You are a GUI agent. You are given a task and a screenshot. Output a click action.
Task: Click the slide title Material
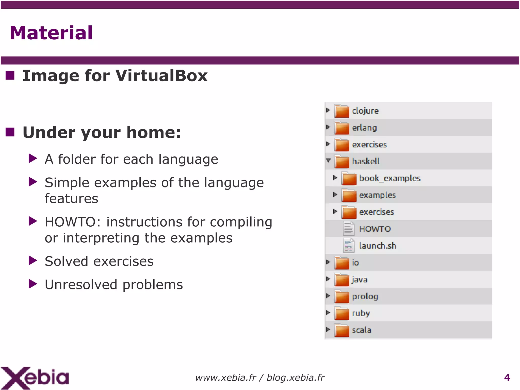[51, 33]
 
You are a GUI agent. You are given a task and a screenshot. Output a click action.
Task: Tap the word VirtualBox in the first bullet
[161, 76]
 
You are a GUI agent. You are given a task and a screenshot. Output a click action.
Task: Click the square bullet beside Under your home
[10, 132]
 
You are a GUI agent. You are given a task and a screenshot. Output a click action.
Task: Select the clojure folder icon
[342, 111]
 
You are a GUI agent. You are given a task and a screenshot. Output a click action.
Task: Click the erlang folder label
[364, 128]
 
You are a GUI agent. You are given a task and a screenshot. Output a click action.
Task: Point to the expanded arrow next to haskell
[328, 160]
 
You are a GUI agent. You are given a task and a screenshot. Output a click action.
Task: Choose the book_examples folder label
[390, 178]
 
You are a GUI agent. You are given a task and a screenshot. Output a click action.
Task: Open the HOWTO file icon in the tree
[348, 228]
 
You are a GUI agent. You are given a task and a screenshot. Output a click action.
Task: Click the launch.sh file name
[378, 246]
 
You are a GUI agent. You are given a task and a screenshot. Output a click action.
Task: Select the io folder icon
[342, 263]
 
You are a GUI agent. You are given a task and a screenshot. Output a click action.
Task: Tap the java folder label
[360, 279]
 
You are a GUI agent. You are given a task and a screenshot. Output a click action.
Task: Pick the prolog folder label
[365, 297]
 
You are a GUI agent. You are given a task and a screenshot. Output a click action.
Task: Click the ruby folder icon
[342, 313]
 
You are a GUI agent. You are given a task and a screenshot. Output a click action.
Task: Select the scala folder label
[361, 330]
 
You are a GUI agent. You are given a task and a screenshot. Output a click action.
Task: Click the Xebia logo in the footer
[35, 378]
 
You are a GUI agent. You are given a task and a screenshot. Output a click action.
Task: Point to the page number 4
[507, 378]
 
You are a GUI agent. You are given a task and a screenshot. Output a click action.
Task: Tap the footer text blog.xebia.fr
[296, 378]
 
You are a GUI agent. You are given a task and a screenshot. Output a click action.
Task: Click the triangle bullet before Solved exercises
[33, 260]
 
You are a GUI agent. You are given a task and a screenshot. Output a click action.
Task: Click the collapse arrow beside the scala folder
[328, 329]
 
